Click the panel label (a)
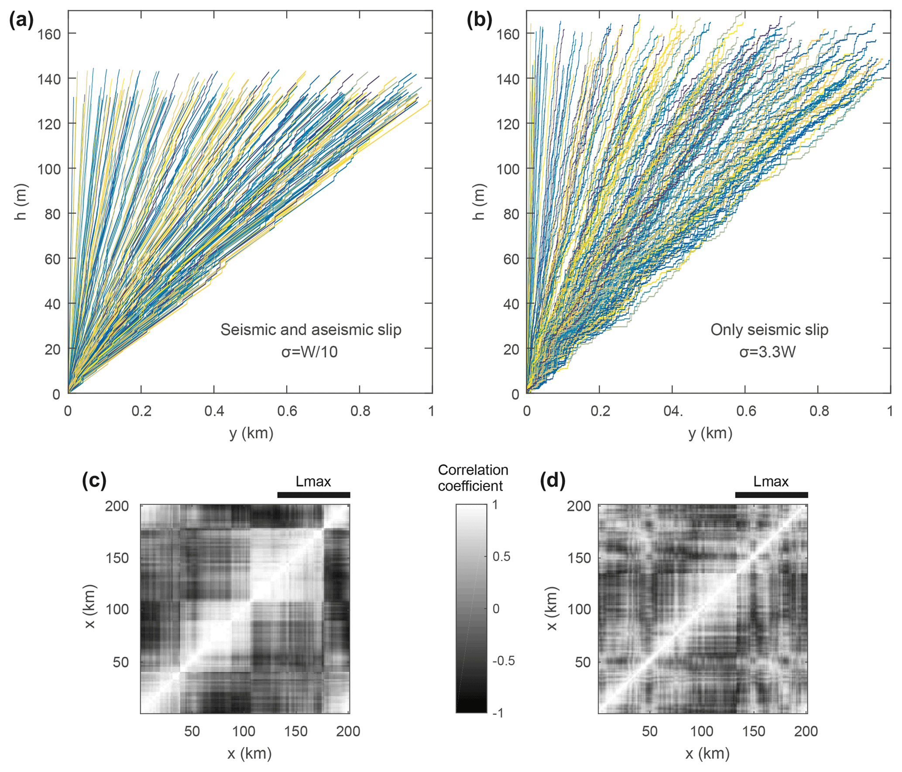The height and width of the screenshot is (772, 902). [21, 21]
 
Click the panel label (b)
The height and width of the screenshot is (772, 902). [479, 21]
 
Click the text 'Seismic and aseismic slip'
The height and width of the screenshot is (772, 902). [310, 330]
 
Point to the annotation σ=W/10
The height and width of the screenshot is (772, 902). [309, 352]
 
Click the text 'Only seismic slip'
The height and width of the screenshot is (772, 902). [769, 330]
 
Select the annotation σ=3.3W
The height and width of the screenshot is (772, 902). [767, 352]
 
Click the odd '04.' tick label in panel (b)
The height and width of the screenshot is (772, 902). [672, 411]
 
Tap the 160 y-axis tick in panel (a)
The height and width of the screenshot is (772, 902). [48, 34]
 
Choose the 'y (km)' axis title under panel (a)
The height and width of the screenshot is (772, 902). [251, 433]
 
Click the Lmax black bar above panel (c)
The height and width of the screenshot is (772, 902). [313, 495]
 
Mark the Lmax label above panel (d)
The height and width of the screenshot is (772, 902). [771, 481]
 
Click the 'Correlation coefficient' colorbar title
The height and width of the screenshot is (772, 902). [473, 478]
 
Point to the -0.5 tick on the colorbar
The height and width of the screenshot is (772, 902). [503, 661]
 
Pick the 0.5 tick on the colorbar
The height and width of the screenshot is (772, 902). [501, 556]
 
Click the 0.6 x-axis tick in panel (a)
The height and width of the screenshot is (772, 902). [287, 411]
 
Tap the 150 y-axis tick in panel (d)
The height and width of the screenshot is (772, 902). [579, 558]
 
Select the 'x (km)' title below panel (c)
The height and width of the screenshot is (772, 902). [249, 754]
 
